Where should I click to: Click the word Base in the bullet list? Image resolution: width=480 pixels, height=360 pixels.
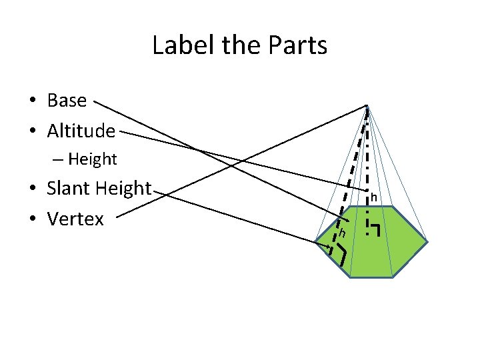click(67, 101)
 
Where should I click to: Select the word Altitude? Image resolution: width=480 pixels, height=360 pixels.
click(81, 131)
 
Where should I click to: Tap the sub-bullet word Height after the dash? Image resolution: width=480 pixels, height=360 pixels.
click(92, 159)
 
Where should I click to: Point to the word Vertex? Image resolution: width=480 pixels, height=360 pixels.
click(75, 219)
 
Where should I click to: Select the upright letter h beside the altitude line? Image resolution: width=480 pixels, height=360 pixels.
click(374, 197)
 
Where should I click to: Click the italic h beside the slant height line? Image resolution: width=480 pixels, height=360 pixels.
click(342, 233)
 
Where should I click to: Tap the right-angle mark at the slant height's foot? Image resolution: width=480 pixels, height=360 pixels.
click(342, 253)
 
